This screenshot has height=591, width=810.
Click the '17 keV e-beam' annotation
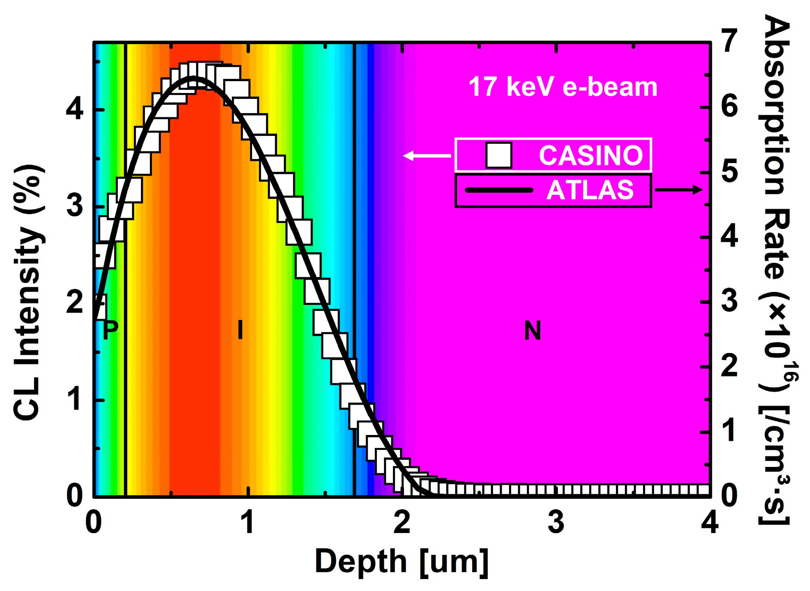[x=563, y=87]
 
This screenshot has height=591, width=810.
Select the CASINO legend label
[x=591, y=155]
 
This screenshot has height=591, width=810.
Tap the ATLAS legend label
[x=590, y=190]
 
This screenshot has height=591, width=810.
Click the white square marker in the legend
[x=499, y=155]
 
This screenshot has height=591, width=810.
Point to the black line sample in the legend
[x=499, y=190]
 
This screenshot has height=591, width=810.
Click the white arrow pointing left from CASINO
[x=426, y=156]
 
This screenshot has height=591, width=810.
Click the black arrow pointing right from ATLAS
[x=678, y=190]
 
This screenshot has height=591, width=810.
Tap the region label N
[x=532, y=331]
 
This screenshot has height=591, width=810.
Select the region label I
[x=240, y=330]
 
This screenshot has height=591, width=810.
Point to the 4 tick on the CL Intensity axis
[x=74, y=109]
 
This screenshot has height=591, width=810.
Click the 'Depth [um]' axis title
[x=402, y=562]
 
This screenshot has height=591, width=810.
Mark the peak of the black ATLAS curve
[x=193, y=78]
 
